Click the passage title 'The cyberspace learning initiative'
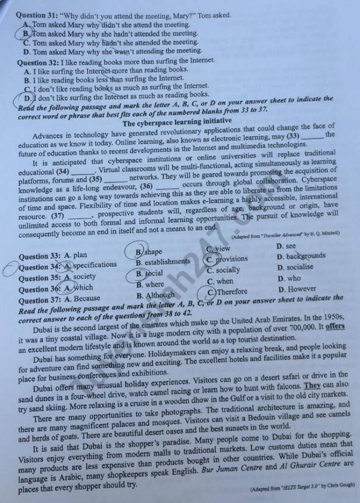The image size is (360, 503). click(177, 121)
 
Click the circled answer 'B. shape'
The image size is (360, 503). click(149, 252)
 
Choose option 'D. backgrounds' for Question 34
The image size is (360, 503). click(301, 256)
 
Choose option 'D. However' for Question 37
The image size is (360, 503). click(297, 289)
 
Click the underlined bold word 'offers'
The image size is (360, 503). click(335, 327)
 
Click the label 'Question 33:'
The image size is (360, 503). click(40, 256)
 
